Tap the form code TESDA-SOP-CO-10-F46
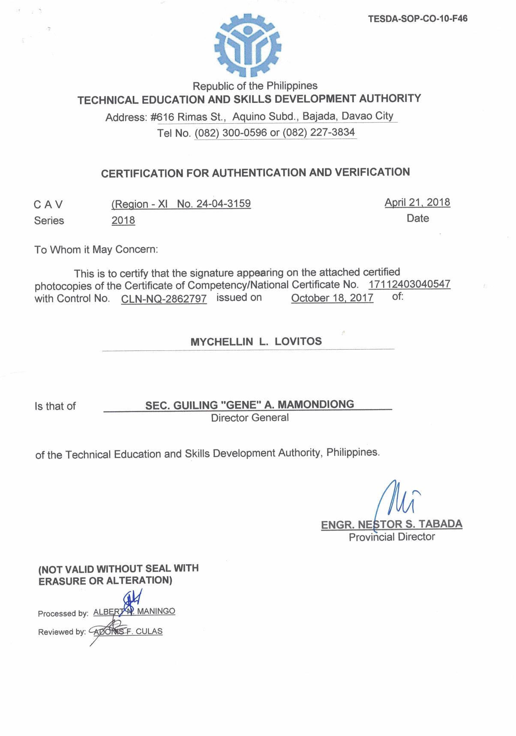pyautogui.click(x=417, y=18)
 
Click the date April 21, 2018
pyautogui.click(x=417, y=202)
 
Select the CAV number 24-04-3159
pyautogui.click(x=223, y=203)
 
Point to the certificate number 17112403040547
pyautogui.click(x=409, y=284)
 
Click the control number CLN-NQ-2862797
pyautogui.click(x=164, y=299)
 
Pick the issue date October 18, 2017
pyautogui.click(x=332, y=298)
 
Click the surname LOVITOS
pyautogui.click(x=298, y=341)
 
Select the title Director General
pyautogui.click(x=250, y=418)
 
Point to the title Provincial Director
pyautogui.click(x=392, y=537)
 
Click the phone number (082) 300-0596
pyautogui.click(x=231, y=133)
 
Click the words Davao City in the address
pyautogui.click(x=367, y=116)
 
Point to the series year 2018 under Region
pyautogui.click(x=123, y=220)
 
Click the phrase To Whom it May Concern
pyautogui.click(x=96, y=249)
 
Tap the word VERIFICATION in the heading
pyautogui.click(x=372, y=172)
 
